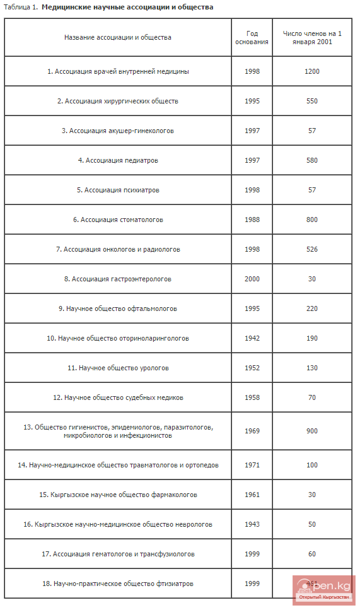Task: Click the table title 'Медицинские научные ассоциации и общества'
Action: click(x=127, y=7)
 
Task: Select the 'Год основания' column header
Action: click(x=252, y=38)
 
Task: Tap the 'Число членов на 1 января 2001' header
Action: click(x=312, y=38)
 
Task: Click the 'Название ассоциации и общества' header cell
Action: click(x=118, y=37)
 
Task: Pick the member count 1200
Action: click(x=312, y=71)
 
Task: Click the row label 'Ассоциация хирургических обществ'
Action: click(x=118, y=101)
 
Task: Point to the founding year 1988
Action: click(x=252, y=220)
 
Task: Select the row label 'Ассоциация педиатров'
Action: click(x=118, y=160)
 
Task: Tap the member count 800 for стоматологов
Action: click(x=312, y=220)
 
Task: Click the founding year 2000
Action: click(x=252, y=279)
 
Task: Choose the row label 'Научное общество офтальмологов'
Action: click(x=118, y=308)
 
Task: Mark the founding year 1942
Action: click(x=252, y=338)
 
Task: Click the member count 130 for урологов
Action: click(x=312, y=368)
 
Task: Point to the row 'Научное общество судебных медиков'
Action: click(x=118, y=397)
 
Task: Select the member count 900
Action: click(x=312, y=431)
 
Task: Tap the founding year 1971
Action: click(x=252, y=465)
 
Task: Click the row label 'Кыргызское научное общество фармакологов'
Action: click(x=118, y=495)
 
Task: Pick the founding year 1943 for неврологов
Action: click(x=252, y=524)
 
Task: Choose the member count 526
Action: click(x=312, y=249)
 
